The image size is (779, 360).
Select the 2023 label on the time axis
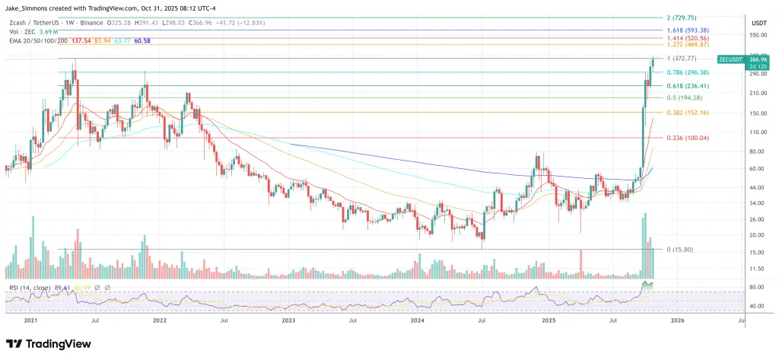(x=288, y=322)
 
